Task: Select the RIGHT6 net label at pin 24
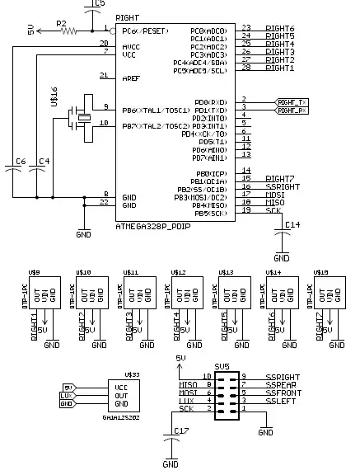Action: (x=279, y=37)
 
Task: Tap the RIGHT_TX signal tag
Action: (x=291, y=101)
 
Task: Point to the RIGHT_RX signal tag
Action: (x=291, y=110)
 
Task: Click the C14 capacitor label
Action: (x=292, y=224)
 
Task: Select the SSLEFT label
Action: (x=281, y=401)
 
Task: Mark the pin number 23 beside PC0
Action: (x=245, y=27)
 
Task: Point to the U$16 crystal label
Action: (x=54, y=99)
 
